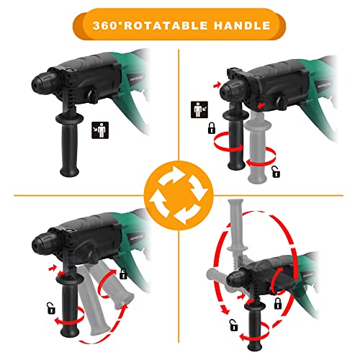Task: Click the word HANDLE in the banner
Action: [242, 25]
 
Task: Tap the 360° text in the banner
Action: [107, 25]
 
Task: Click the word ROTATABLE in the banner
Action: [166, 25]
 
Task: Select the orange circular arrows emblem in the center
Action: [179, 195]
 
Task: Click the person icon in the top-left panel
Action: [100, 130]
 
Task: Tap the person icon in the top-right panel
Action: [199, 109]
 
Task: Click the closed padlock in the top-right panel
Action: [212, 127]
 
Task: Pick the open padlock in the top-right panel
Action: [276, 172]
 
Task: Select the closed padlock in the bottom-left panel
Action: [123, 274]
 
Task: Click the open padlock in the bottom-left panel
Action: [51, 308]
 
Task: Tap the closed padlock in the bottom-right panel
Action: [278, 303]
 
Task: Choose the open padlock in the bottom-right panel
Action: [233, 325]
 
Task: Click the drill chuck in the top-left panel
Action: [45, 83]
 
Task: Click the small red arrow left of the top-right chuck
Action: [217, 84]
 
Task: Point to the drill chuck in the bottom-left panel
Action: [45, 244]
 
